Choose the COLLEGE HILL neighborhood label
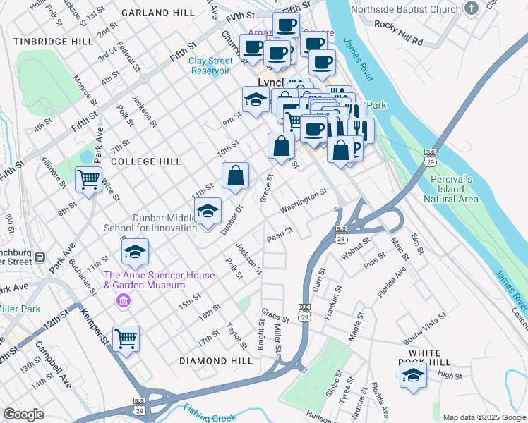coord(146,161)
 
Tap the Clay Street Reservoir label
coord(210,66)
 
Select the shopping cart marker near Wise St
coord(89,180)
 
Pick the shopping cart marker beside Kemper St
coord(126,339)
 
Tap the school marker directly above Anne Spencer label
coord(136,251)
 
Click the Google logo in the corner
coord(23,415)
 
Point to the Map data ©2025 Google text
coord(484,417)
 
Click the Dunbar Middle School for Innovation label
coord(150,223)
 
